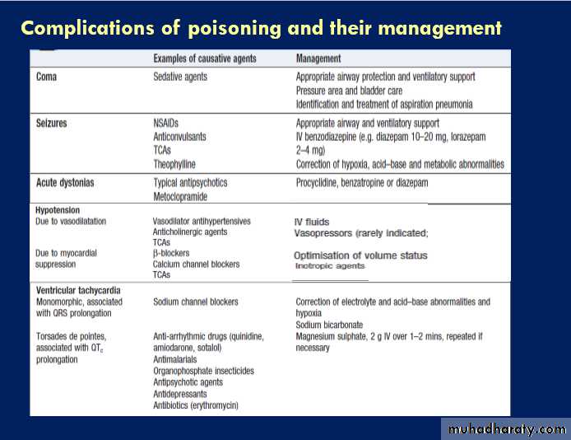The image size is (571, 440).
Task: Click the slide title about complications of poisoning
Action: [x=261, y=28]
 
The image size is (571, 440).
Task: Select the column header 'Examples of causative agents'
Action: [x=205, y=59]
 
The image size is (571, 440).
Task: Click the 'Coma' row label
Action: [x=48, y=77]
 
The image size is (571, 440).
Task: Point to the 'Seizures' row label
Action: [x=52, y=124]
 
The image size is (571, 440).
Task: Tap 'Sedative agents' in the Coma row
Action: [x=180, y=77]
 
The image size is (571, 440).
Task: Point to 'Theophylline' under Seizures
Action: [x=179, y=164]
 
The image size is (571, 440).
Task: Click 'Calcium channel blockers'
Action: [x=197, y=264]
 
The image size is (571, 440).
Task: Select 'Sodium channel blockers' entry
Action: [x=196, y=302]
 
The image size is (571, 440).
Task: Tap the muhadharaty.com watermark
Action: [x=504, y=429]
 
